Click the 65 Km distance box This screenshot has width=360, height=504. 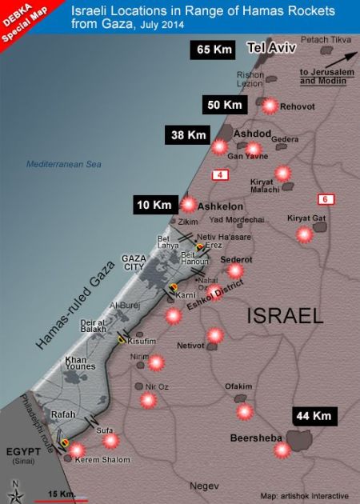tap(212, 50)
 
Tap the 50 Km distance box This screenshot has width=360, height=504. tap(223, 106)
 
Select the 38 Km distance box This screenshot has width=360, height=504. tap(186, 135)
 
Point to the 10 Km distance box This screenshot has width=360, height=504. tap(154, 206)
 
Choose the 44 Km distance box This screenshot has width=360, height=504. tap(314, 416)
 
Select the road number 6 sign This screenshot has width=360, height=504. tap(325, 198)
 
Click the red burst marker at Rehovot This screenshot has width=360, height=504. tap(270, 106)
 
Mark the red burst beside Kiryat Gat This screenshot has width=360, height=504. tap(304, 234)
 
